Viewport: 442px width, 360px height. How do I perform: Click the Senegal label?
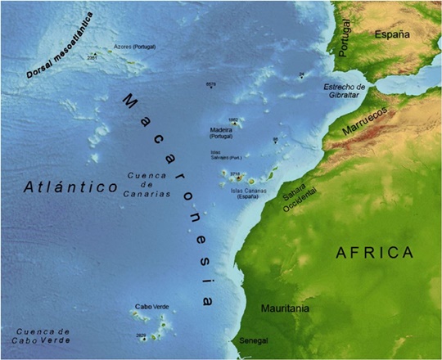[252, 340]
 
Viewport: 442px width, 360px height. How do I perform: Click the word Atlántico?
[72, 187]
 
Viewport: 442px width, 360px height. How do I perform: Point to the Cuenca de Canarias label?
[148, 185]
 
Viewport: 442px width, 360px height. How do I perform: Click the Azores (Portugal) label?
[134, 47]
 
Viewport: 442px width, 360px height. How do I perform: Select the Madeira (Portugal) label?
[221, 133]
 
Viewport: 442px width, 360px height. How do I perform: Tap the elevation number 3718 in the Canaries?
[235, 173]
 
